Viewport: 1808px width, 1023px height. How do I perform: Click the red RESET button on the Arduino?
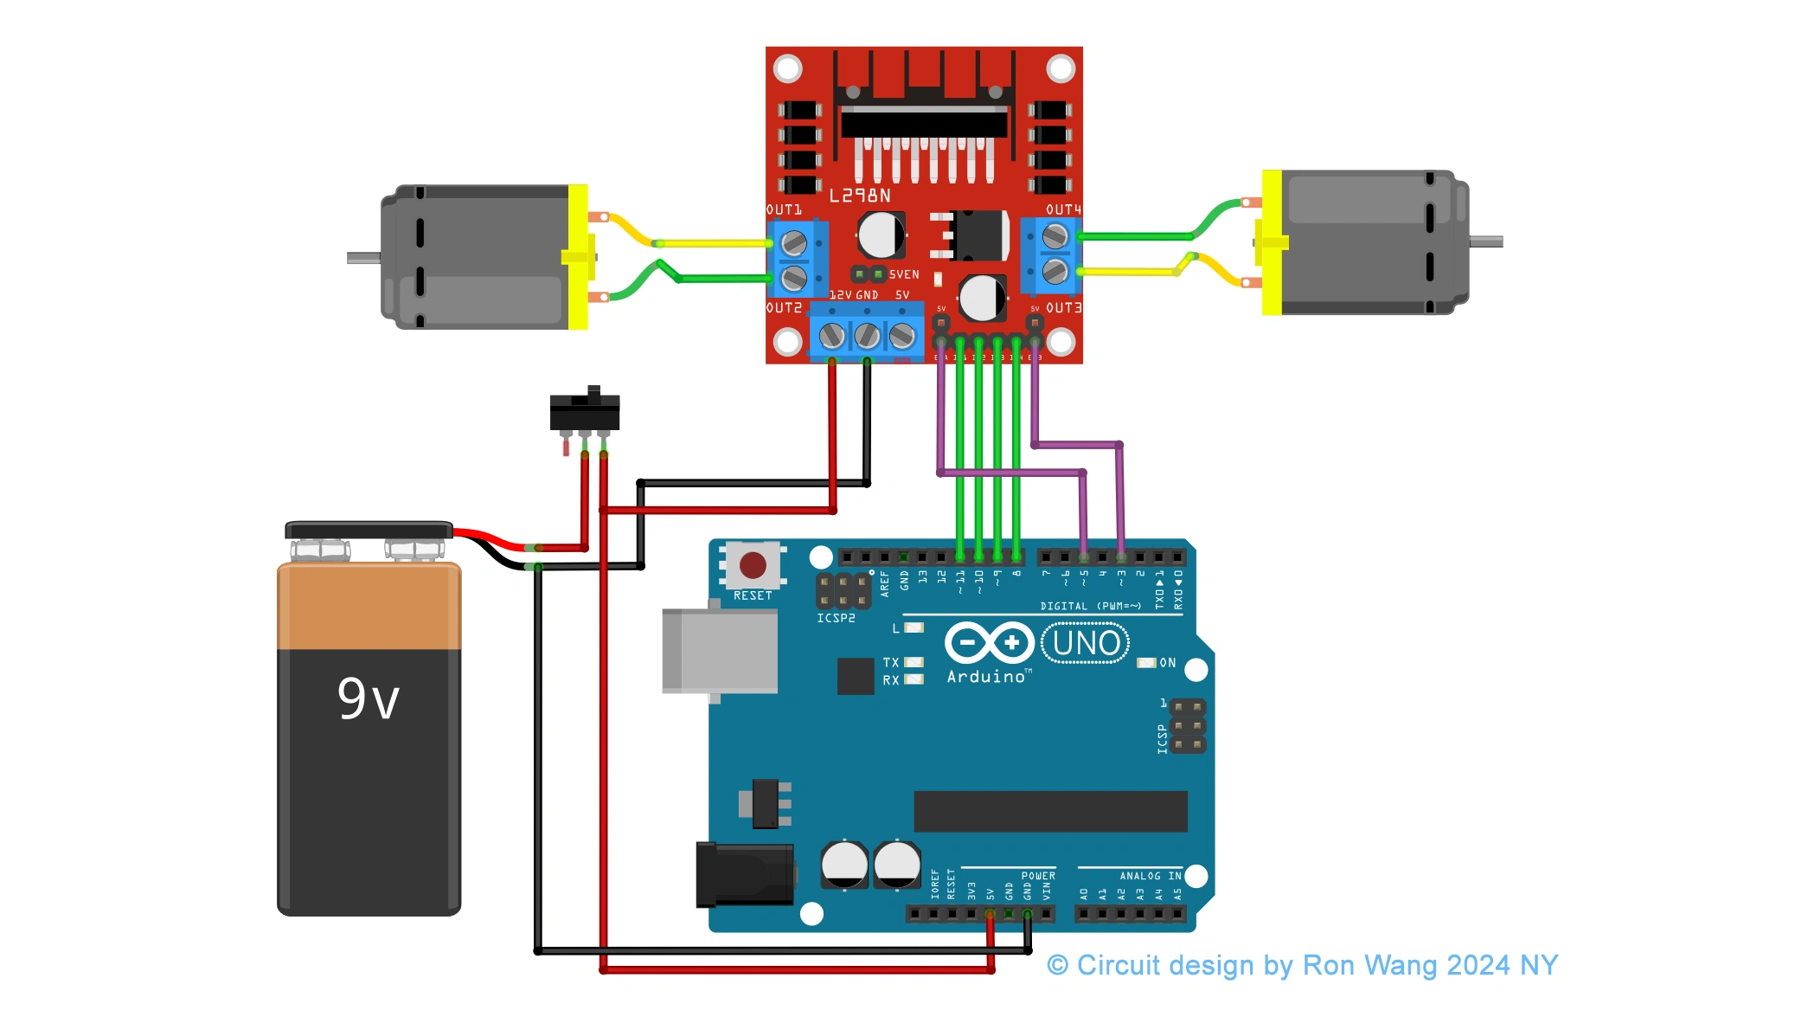click(752, 565)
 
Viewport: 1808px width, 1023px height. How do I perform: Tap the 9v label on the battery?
click(369, 699)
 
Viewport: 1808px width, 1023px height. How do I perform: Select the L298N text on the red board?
click(860, 196)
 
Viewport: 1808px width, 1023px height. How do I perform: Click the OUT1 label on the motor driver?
click(784, 209)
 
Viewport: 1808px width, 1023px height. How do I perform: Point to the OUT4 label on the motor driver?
click(1063, 209)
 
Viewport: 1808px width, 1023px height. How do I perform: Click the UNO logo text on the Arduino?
click(1086, 644)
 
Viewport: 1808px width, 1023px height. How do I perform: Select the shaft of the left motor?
click(363, 258)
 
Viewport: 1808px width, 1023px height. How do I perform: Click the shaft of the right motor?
click(1486, 242)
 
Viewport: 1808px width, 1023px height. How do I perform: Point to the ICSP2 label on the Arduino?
click(836, 618)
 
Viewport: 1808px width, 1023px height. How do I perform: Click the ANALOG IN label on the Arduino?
click(1150, 876)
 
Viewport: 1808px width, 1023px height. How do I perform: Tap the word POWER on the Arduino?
click(1038, 876)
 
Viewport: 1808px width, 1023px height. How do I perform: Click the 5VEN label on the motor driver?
click(904, 274)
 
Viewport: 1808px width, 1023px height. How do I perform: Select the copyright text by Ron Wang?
click(1302, 965)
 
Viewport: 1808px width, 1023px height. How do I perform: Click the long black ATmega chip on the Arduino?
click(1050, 811)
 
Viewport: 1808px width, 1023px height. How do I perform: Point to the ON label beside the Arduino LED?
click(1167, 663)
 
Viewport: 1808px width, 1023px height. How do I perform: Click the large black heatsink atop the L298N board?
click(924, 121)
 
